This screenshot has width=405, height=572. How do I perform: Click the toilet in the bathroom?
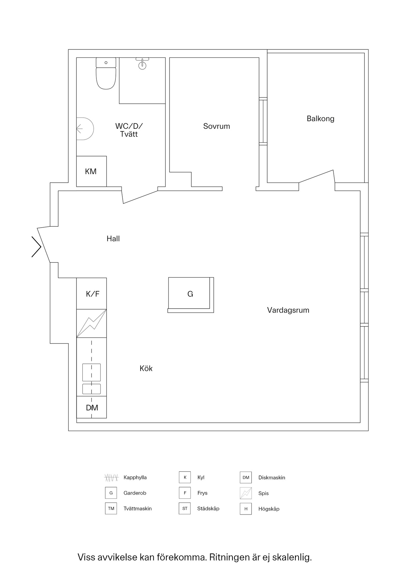[106, 73]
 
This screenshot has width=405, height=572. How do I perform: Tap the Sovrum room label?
[217, 126]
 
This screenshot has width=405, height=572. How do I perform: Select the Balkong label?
[321, 119]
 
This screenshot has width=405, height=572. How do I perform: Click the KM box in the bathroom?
[91, 171]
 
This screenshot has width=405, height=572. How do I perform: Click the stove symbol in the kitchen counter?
[92, 323]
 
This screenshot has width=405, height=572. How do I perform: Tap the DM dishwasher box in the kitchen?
[92, 407]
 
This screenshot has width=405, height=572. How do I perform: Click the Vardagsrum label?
[288, 310]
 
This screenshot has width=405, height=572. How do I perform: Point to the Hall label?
[113, 239]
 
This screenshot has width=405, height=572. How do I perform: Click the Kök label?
[146, 369]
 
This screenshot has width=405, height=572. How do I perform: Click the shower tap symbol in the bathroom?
[142, 63]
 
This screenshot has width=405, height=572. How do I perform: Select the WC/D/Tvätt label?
[129, 130]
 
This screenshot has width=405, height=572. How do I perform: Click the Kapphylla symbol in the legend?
[111, 478]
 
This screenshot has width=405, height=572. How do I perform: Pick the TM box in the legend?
[111, 509]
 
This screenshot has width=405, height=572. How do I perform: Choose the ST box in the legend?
[185, 509]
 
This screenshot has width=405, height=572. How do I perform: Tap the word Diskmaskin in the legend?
[272, 478]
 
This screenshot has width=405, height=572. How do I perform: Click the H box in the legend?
[246, 509]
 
